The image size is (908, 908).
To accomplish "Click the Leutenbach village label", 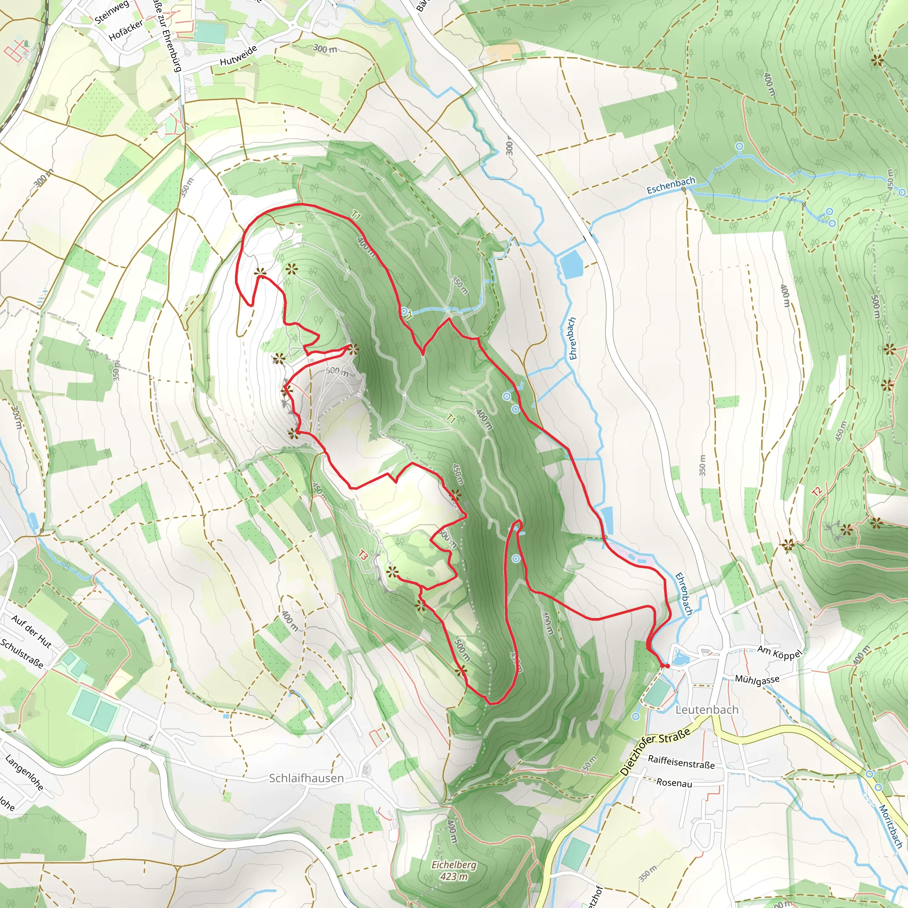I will coord(707,710).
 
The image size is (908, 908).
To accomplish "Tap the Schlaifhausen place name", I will coord(306,778).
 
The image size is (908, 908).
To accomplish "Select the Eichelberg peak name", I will coord(454,865).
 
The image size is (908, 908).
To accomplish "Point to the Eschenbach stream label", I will coord(671,186).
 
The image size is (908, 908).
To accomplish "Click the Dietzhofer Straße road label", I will coord(655,751).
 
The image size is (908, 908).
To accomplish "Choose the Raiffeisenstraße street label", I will coord(681,762).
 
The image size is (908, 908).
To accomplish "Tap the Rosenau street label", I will coord(674,783).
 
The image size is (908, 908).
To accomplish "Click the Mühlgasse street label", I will coord(757,680).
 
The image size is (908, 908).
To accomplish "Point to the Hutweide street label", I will coord(238,55).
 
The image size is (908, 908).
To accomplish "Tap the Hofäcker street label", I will coord(125,31).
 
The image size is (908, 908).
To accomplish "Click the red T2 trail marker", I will coord(817,492).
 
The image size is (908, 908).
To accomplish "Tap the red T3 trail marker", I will coord(363,555).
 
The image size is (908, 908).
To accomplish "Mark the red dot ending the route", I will coord(667,665).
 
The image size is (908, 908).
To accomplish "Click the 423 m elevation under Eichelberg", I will coord(454,877).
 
